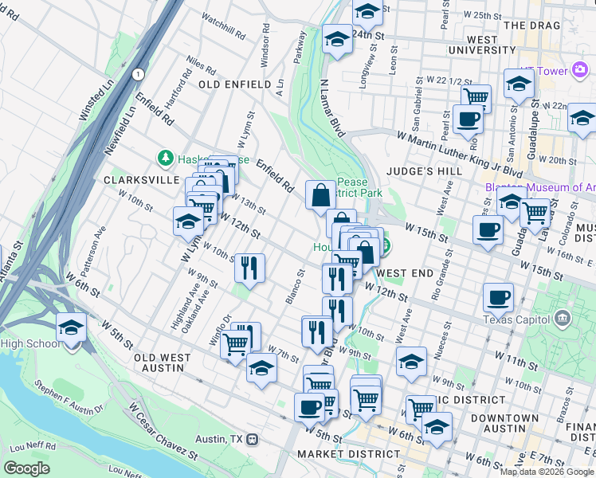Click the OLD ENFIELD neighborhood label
point(230,84)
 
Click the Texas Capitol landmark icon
point(563,320)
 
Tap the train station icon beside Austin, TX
point(252,439)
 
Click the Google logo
point(26,468)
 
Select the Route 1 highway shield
point(139,74)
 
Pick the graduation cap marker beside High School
point(71,328)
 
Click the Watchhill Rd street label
point(224,26)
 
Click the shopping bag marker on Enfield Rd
point(320,194)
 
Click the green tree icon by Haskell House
point(166,159)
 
